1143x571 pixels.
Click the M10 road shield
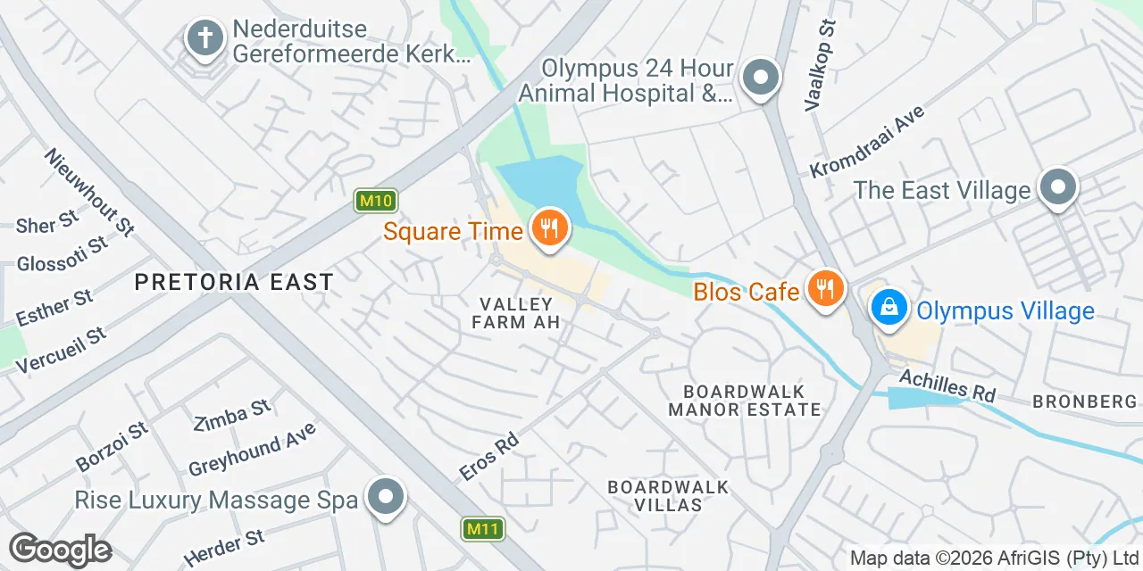click(x=375, y=201)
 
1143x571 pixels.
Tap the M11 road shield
click(x=483, y=529)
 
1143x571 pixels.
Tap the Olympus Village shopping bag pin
click(x=889, y=309)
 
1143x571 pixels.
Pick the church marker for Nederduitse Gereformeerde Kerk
click(x=204, y=39)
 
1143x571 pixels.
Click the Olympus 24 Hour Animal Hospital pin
click(x=760, y=78)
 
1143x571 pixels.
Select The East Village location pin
click(x=1058, y=188)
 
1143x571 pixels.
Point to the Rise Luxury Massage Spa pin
click(x=386, y=498)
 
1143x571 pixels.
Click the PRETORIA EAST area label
click(x=234, y=283)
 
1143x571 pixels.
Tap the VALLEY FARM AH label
click(x=516, y=313)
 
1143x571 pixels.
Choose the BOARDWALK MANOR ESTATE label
click(x=745, y=401)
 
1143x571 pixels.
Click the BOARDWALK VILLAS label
click(x=668, y=496)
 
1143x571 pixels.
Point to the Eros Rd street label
click(x=488, y=458)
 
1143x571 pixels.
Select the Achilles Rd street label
click(x=947, y=385)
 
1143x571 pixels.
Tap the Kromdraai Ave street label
click(x=867, y=141)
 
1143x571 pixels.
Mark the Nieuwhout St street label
click(x=89, y=192)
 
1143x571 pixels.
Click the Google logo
click(x=60, y=550)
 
